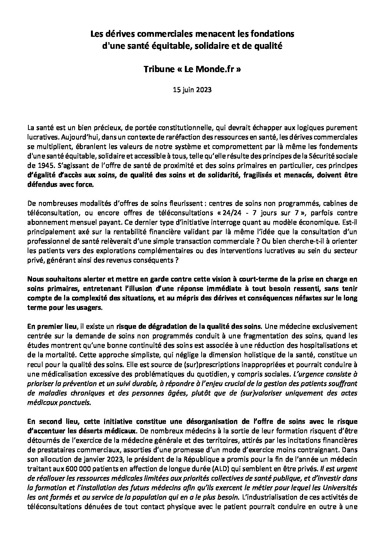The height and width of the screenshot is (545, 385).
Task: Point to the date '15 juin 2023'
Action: click(192, 90)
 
